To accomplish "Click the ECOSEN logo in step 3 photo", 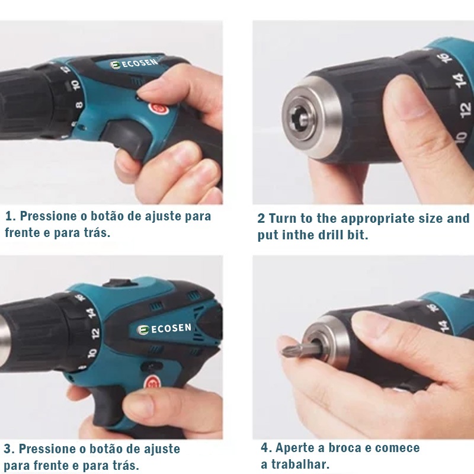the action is (164, 329).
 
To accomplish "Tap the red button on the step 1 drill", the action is (159, 108).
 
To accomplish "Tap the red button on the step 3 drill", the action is (153, 382).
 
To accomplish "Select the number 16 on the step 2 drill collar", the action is (444, 57).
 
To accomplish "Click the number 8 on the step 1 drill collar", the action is (79, 105).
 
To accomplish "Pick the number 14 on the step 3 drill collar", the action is (91, 313).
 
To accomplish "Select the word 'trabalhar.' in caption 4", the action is (300, 464).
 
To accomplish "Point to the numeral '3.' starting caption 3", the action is (9, 449).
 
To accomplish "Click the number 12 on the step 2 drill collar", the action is (465, 109).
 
